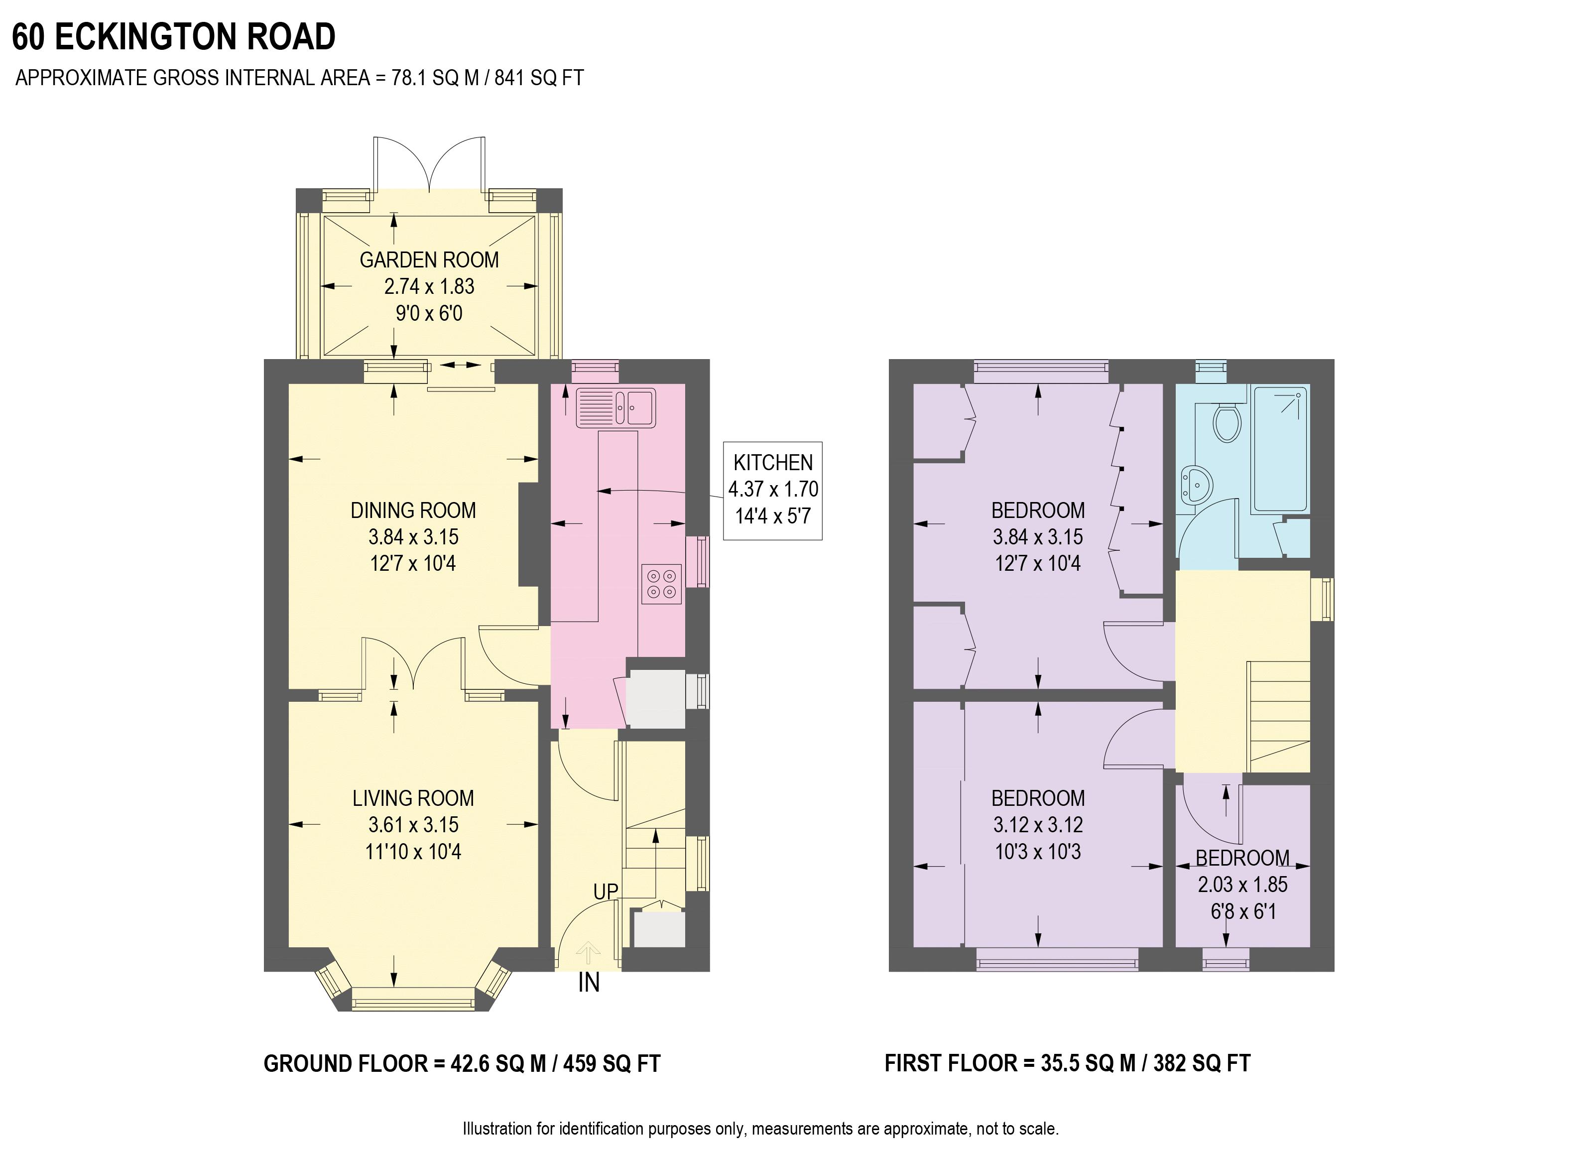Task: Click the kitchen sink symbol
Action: point(616,408)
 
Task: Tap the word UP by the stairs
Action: point(606,892)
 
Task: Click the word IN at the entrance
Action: point(589,983)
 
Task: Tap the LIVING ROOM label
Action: point(413,798)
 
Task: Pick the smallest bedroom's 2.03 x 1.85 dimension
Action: point(1242,884)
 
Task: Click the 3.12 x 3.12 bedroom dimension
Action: point(1037,825)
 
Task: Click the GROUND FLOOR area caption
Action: point(462,1063)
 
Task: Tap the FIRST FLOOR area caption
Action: point(1067,1063)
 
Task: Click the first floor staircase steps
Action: point(1278,716)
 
